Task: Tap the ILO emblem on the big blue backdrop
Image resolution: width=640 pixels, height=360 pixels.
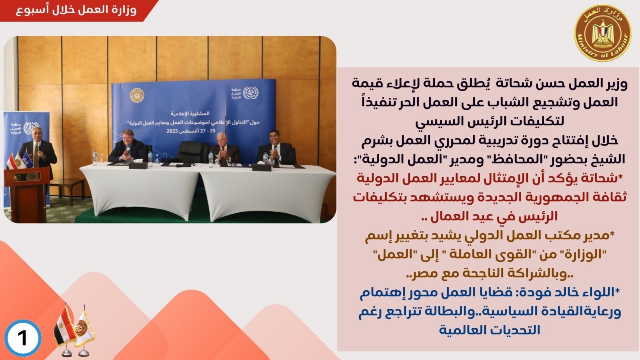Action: tap(250, 93)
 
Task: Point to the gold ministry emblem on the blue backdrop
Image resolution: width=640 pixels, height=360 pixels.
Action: tap(137, 96)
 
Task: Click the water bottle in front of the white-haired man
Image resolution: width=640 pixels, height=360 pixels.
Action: tap(211, 160)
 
